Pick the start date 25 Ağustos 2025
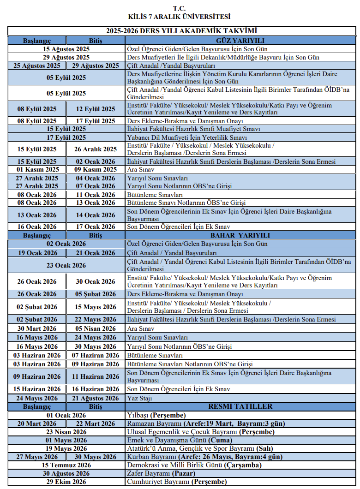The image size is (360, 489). [37, 66]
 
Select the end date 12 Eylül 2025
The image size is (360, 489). [96, 109]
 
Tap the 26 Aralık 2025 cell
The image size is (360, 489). [96, 149]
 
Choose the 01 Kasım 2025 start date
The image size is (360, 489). [37, 169]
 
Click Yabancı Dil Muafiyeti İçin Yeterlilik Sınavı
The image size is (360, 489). [187, 137]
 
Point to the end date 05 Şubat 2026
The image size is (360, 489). [96, 294]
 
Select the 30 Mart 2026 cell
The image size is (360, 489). [37, 328]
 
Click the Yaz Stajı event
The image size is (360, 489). [139, 398]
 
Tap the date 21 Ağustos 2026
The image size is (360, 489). [96, 398]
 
